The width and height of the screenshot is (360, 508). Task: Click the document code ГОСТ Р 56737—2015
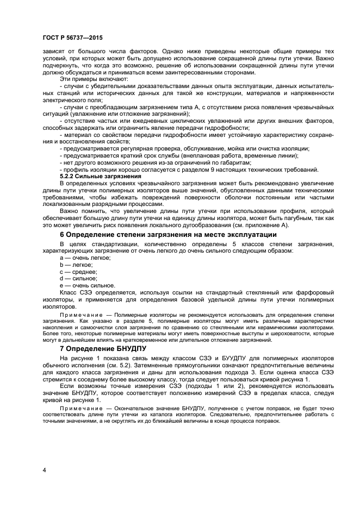[x=72, y=37]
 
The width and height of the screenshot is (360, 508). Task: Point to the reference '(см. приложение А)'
[x=262, y=225]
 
